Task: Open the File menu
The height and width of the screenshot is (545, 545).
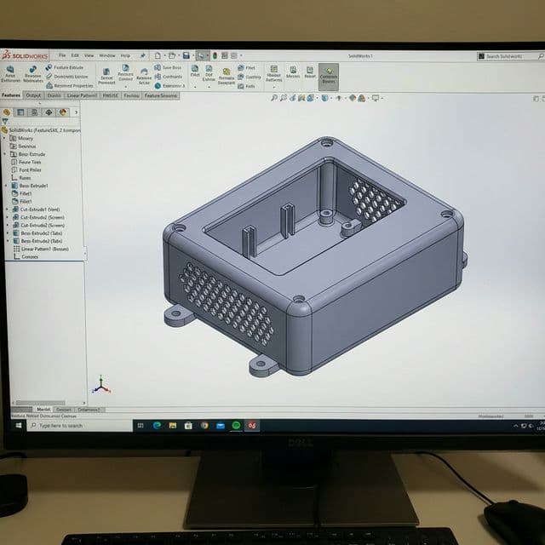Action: (x=62, y=55)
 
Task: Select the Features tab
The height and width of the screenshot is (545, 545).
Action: (x=11, y=95)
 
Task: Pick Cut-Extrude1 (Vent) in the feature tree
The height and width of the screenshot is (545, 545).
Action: (x=41, y=209)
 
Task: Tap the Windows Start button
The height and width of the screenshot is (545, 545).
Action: (x=18, y=425)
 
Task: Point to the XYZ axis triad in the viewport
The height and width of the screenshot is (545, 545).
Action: (x=100, y=386)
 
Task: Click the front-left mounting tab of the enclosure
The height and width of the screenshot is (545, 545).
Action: (x=176, y=317)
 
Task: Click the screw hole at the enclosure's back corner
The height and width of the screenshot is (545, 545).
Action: (x=326, y=143)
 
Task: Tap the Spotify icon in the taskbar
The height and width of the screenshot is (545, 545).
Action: (x=236, y=425)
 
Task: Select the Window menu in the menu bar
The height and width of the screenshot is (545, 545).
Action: (x=107, y=55)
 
